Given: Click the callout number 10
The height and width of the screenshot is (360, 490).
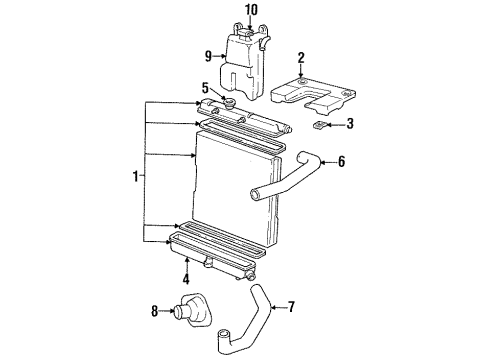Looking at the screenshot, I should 251,10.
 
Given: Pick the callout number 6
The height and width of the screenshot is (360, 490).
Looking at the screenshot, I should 368,160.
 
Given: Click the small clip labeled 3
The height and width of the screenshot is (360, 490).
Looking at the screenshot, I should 319,127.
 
